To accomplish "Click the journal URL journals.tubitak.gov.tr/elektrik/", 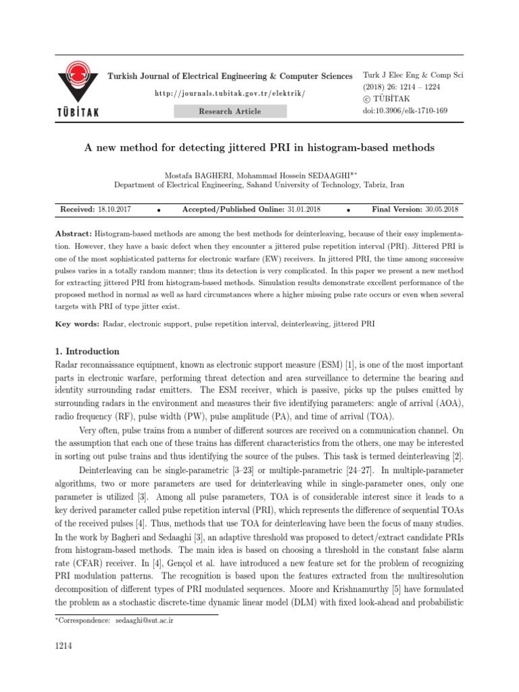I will point(230,93).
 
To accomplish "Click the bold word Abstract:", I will point(74,232).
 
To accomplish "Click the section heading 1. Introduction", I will point(86,351).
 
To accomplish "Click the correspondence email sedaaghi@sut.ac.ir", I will point(145,619).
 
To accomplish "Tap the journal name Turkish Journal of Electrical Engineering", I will point(230,76).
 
